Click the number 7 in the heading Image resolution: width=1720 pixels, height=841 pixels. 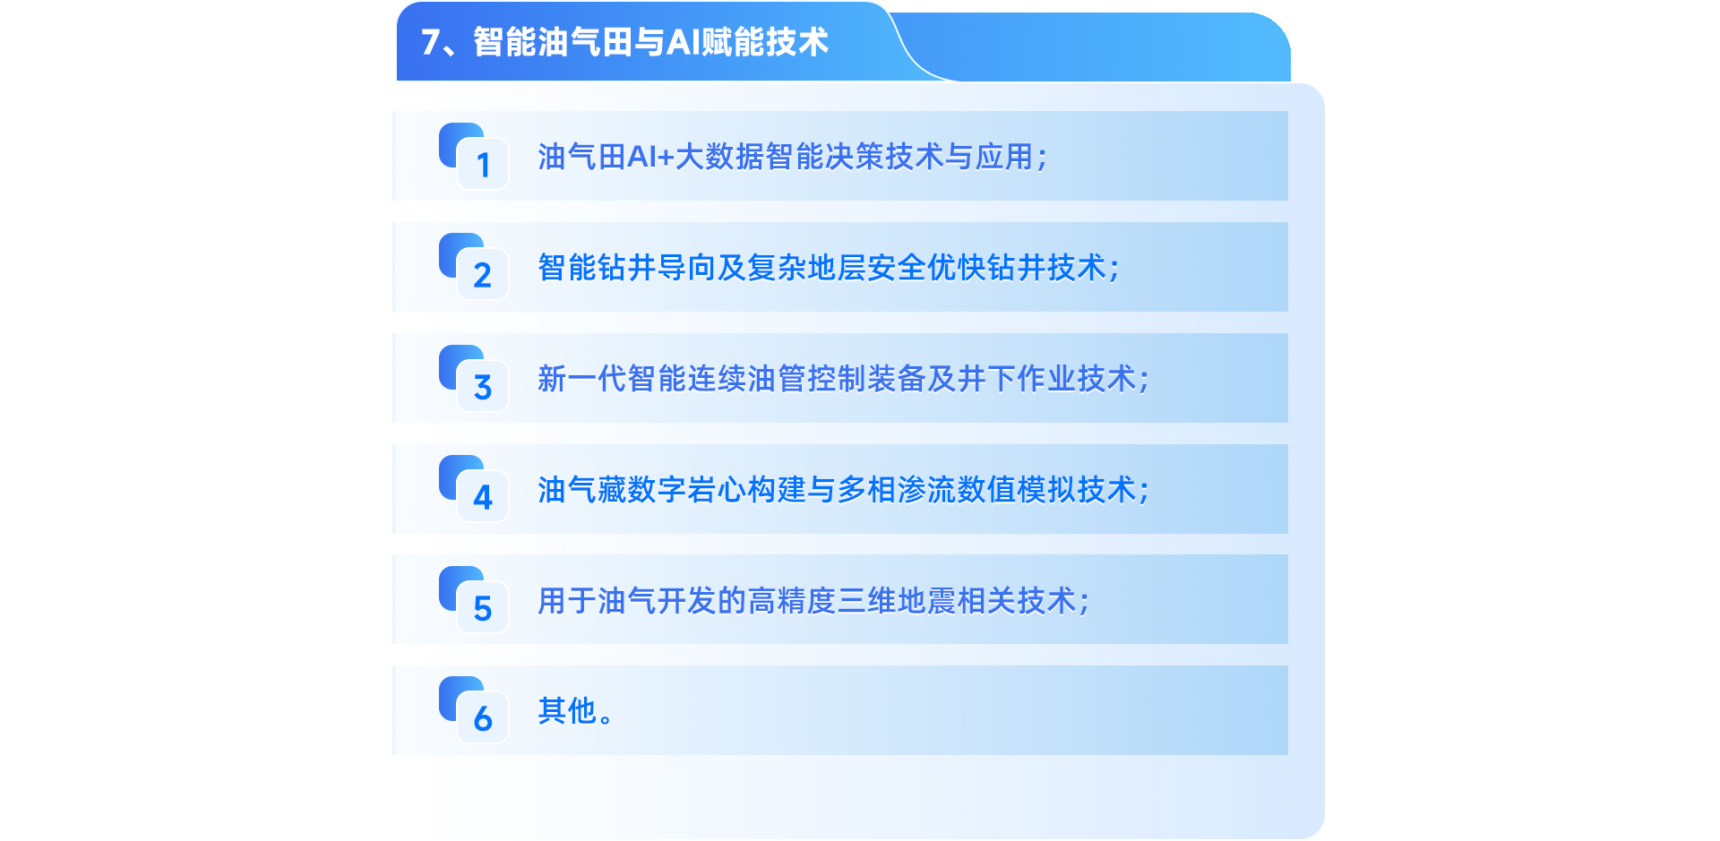click(x=430, y=42)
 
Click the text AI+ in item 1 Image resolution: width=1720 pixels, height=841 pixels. click(x=650, y=157)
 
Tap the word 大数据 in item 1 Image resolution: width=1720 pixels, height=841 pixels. click(x=719, y=157)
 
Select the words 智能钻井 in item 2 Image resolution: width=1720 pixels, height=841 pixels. click(x=598, y=268)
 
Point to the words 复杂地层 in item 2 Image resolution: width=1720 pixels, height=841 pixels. click(x=807, y=268)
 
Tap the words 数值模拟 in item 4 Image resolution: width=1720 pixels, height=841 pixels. click(x=1017, y=490)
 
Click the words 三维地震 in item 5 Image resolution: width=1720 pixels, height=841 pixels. click(x=897, y=601)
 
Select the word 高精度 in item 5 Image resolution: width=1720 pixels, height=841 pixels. click(x=792, y=601)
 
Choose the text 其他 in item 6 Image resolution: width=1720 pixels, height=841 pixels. click(x=567, y=711)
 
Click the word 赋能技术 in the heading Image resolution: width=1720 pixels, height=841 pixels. click(x=765, y=42)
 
